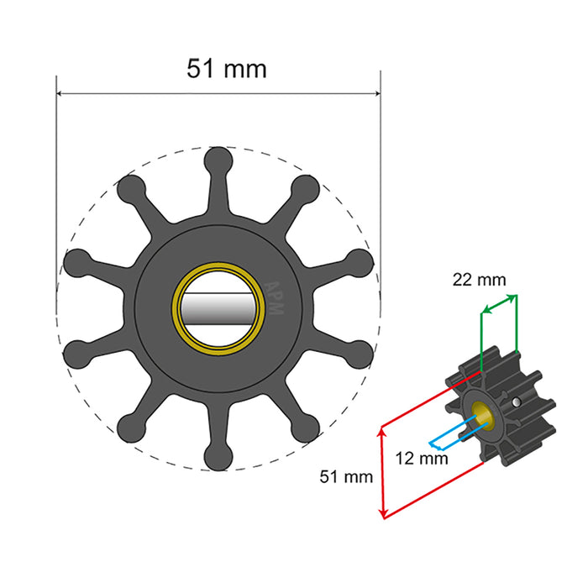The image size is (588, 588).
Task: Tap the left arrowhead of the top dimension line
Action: pyautogui.click(x=60, y=95)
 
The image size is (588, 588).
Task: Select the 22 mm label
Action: pyautogui.click(x=480, y=281)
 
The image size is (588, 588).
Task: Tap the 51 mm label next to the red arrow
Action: pyautogui.click(x=345, y=478)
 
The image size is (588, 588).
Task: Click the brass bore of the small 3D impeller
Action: pyautogui.click(x=484, y=412)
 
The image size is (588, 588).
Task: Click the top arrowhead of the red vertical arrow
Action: pyautogui.click(x=383, y=429)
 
